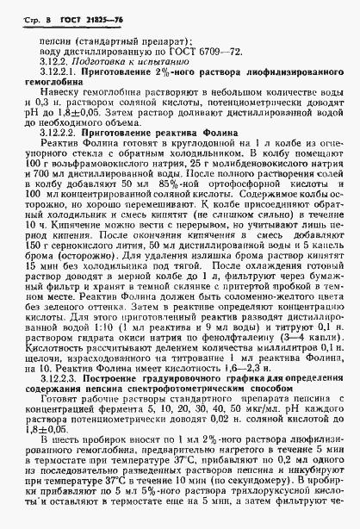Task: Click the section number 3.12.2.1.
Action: coord(54,75)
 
